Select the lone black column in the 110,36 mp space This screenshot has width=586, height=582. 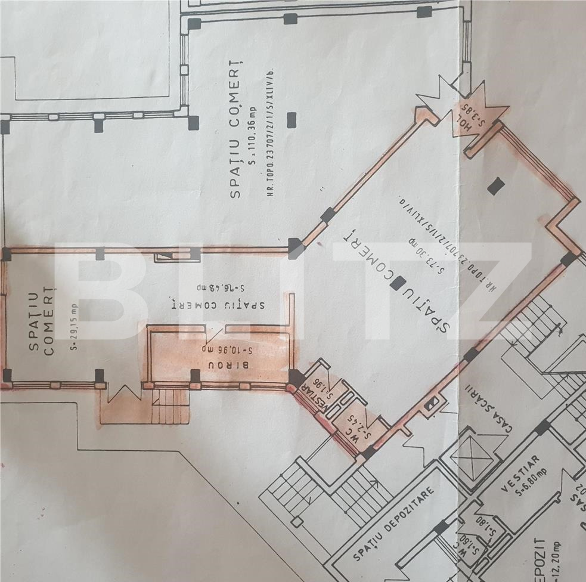point(291,120)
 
